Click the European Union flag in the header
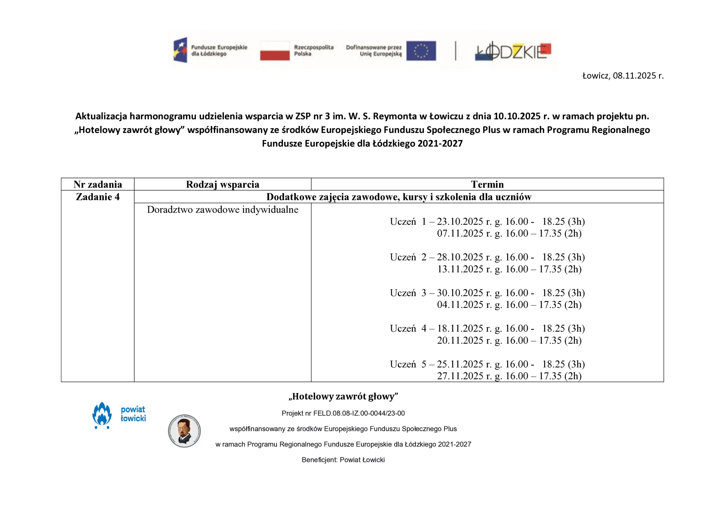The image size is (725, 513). point(421,50)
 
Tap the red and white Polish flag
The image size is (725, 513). point(274,50)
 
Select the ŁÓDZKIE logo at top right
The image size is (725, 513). point(513,51)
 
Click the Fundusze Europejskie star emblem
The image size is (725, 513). point(180,50)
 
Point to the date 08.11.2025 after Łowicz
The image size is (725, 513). point(634,76)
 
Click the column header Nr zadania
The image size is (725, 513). point(98,184)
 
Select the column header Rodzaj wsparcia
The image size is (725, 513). point(222,184)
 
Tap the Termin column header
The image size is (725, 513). point(487,184)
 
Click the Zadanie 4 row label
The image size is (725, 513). point(98,197)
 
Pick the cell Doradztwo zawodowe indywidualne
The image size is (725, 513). point(222,210)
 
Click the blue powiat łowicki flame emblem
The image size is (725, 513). point(102,415)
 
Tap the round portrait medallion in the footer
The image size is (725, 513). point(184,431)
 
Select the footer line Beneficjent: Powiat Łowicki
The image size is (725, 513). point(343,460)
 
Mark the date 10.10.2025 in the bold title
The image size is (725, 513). point(517,116)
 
